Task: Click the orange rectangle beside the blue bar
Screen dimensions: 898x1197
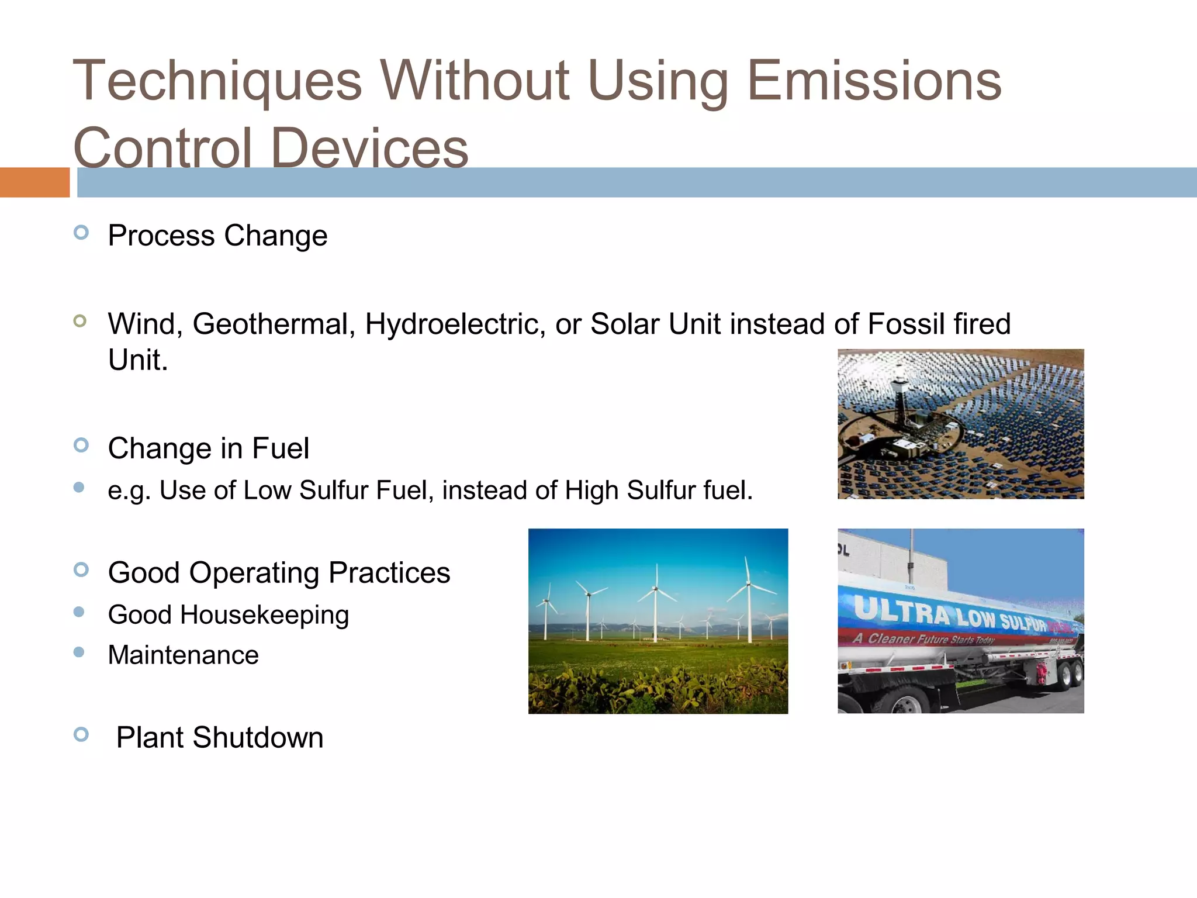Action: [x=34, y=182]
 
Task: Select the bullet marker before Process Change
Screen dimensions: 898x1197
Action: [x=81, y=233]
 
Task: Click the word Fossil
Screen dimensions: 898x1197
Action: [x=907, y=324]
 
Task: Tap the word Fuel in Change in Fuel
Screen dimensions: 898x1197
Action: [x=280, y=449]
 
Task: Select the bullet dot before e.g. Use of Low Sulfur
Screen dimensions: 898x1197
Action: [x=79, y=487]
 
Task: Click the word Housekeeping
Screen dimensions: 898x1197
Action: [x=264, y=616]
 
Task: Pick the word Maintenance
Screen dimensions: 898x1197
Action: [x=183, y=655]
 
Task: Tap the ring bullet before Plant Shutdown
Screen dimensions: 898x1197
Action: [x=81, y=734]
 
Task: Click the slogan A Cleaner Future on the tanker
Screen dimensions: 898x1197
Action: [x=923, y=638]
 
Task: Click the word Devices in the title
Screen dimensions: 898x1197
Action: [x=369, y=148]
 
